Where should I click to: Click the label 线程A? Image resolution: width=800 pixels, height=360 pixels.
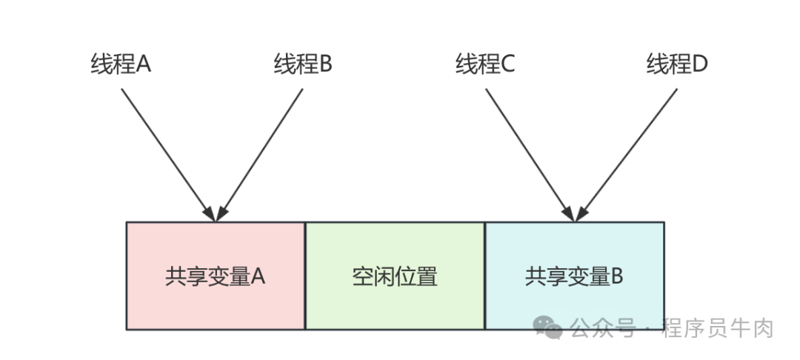(x=121, y=64)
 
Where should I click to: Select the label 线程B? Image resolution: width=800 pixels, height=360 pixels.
(x=303, y=64)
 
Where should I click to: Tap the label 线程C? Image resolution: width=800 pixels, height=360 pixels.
(x=485, y=64)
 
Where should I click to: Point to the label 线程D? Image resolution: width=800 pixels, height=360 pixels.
(x=677, y=64)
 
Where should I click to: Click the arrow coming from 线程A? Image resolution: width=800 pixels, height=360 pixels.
(x=167, y=152)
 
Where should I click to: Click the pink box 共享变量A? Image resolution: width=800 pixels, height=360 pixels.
(x=216, y=296)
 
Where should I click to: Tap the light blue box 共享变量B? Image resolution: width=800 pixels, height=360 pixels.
(x=574, y=296)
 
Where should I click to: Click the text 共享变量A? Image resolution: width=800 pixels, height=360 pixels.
(x=216, y=276)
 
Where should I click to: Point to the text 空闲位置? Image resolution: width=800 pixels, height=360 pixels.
(x=395, y=276)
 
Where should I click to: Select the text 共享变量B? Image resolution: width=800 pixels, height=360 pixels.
(x=574, y=276)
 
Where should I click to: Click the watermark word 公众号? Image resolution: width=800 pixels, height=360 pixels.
(x=603, y=327)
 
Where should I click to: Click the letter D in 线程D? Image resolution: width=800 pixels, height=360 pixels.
(x=699, y=64)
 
